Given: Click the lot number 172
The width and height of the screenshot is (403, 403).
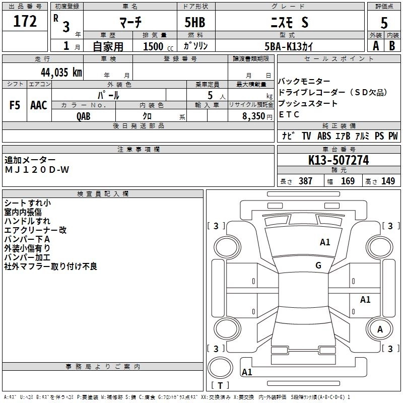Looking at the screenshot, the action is (x=25, y=22).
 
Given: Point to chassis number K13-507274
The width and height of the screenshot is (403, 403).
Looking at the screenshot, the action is (x=339, y=161).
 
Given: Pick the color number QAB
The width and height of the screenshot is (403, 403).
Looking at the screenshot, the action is (x=84, y=116).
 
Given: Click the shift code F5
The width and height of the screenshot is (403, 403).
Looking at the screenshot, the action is (x=15, y=105).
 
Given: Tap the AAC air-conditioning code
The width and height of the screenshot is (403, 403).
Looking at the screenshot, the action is (x=39, y=105).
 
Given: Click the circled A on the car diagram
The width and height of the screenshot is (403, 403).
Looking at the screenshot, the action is (x=380, y=329).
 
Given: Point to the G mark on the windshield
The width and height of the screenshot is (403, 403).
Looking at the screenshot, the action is (x=318, y=265).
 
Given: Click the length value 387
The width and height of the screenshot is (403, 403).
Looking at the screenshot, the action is (x=305, y=181).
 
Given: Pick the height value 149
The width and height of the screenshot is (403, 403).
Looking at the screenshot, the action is (x=388, y=181).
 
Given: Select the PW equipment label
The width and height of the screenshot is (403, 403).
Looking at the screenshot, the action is (x=393, y=136).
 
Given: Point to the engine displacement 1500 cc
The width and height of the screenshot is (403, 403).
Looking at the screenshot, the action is (x=155, y=46).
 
